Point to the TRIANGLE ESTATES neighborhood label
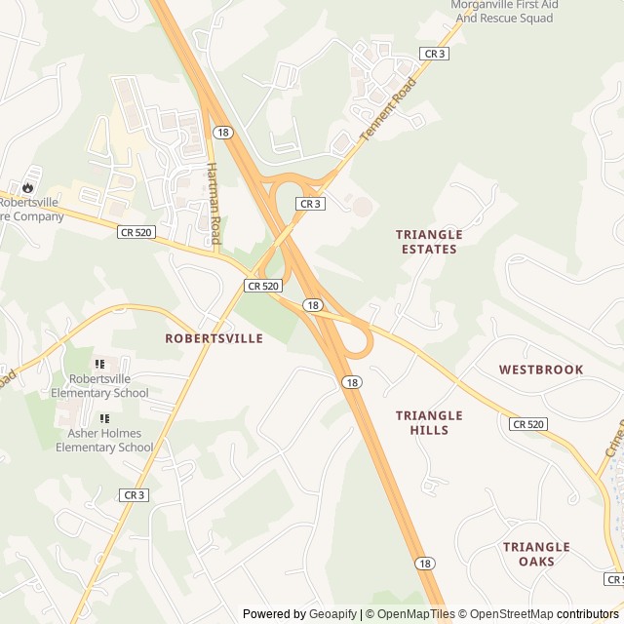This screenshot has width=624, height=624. pos(428,242)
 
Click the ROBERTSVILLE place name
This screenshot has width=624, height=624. pos(214,338)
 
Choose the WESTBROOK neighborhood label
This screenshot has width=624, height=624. pos(541,370)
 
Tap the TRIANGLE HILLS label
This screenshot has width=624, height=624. pos(429,422)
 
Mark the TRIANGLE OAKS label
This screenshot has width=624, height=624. pos(536,554)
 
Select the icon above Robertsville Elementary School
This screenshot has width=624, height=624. pos(99,365)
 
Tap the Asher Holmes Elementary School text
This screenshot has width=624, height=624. pos(104,441)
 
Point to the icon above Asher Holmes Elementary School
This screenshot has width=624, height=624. pos(104,419)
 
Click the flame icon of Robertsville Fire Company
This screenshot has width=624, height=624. pos(28,186)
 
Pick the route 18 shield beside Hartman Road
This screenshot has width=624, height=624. pos(224,133)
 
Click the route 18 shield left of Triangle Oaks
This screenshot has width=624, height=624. pos(424,563)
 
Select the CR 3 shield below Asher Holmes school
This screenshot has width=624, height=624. pos(135,495)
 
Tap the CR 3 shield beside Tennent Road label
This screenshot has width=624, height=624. pos(434,54)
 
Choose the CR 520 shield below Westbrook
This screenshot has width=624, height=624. pos(527,424)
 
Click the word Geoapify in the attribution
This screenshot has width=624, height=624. pos(331,614)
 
